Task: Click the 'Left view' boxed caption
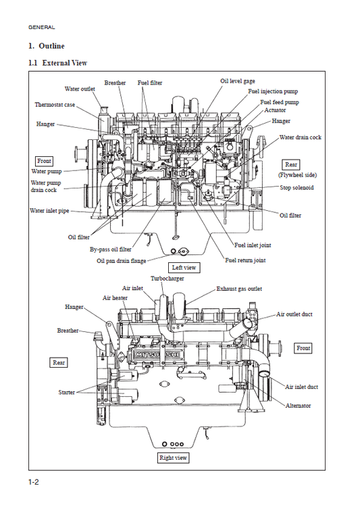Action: click(x=184, y=268)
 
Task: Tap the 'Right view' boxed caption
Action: click(x=173, y=458)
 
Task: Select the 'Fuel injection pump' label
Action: click(x=273, y=91)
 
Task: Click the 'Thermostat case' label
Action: click(x=55, y=105)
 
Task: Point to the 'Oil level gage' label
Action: click(x=238, y=81)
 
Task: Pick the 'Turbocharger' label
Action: click(x=167, y=279)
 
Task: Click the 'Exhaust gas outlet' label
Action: click(x=239, y=289)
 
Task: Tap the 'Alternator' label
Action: click(x=298, y=406)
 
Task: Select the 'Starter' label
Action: click(x=67, y=392)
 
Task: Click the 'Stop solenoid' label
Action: click(x=297, y=187)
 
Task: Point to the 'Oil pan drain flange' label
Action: click(x=121, y=261)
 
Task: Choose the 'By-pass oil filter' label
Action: click(x=111, y=249)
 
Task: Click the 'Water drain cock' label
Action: click(x=300, y=137)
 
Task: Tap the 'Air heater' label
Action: click(x=115, y=298)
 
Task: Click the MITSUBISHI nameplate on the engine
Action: click(x=157, y=355)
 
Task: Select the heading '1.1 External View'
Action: click(x=58, y=63)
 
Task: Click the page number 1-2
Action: click(x=34, y=482)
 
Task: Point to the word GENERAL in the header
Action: click(x=42, y=27)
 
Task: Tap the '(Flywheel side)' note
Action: click(x=297, y=175)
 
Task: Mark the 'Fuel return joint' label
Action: click(x=245, y=260)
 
